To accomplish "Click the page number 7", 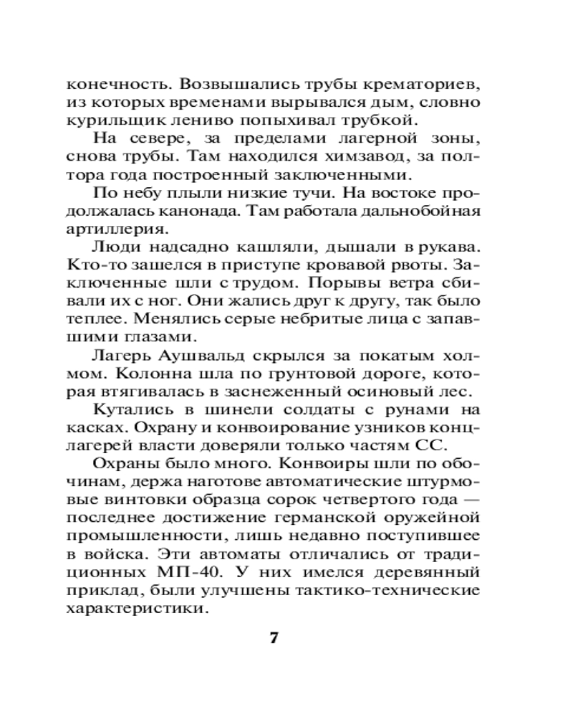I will (273, 639).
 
